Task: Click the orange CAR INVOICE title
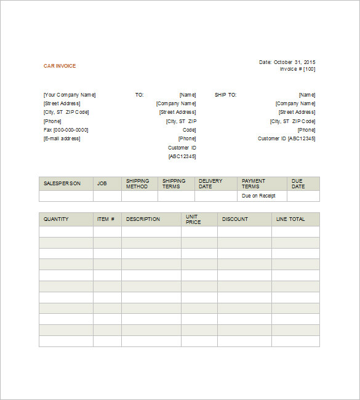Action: click(x=60, y=66)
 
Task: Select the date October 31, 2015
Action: click(x=294, y=62)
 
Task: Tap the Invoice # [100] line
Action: click(x=297, y=69)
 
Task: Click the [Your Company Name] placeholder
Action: click(x=70, y=95)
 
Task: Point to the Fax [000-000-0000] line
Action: click(x=66, y=130)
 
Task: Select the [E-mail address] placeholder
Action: click(x=62, y=138)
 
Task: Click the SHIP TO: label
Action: click(x=225, y=95)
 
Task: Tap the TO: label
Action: click(x=139, y=95)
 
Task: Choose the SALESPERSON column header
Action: click(x=62, y=183)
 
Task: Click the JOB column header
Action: click(x=102, y=183)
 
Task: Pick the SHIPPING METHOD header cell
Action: click(x=137, y=183)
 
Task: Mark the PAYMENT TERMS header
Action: click(x=253, y=183)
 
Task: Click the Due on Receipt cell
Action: click(x=258, y=196)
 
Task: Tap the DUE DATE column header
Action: click(x=298, y=183)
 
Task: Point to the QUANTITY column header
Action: click(x=56, y=219)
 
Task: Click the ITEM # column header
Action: click(x=105, y=219)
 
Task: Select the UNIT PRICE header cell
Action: click(x=193, y=219)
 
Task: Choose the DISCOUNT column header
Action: click(x=235, y=219)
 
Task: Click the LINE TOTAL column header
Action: click(x=290, y=219)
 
